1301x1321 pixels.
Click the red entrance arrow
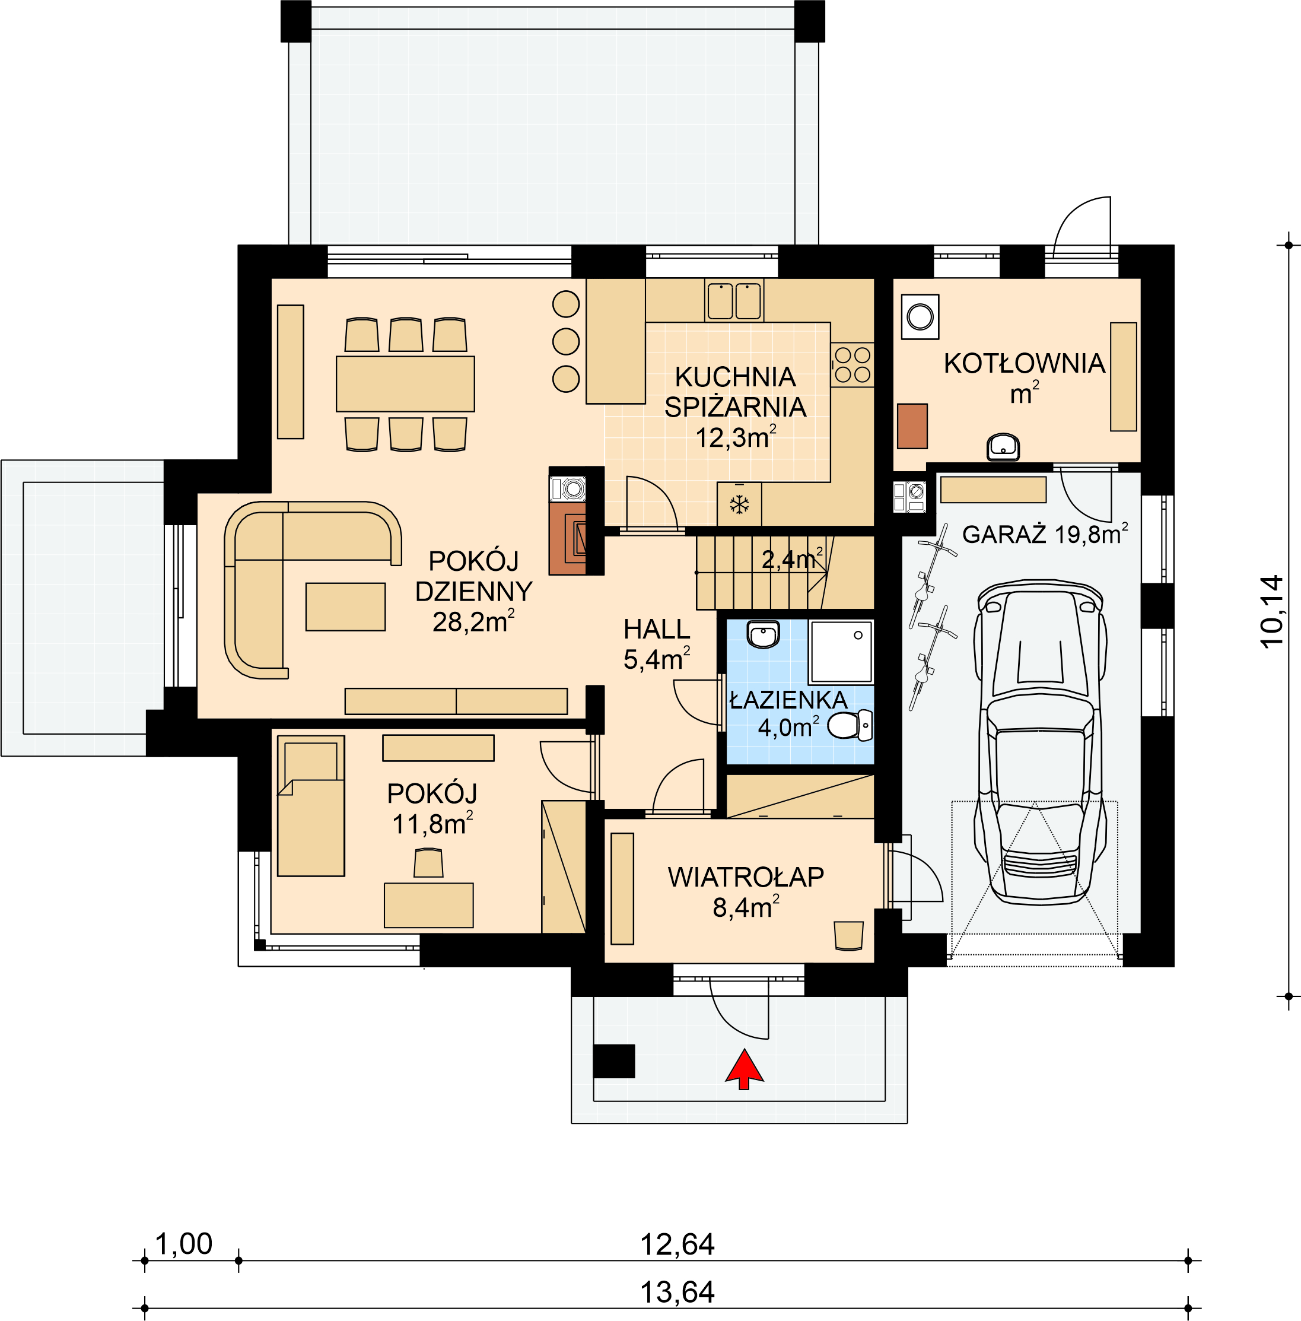(x=744, y=1069)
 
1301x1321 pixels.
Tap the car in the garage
(x=1040, y=743)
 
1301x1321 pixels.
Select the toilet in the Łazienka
(x=850, y=725)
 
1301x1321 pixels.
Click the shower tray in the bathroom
(x=841, y=651)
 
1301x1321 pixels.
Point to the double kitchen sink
(x=734, y=301)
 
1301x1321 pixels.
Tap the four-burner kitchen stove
(x=852, y=365)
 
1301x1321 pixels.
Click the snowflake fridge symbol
(x=739, y=505)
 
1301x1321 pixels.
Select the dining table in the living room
(x=405, y=383)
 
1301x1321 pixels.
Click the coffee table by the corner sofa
(x=345, y=606)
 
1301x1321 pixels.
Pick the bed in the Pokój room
(x=311, y=806)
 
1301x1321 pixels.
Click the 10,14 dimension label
(x=1271, y=612)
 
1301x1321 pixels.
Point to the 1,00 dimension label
(x=184, y=1244)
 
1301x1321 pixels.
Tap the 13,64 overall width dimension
(x=677, y=1293)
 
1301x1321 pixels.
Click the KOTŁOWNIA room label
(x=1025, y=364)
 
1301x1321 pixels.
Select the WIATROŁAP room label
(x=746, y=877)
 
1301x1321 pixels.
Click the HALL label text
(x=657, y=628)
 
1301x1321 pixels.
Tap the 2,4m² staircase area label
(x=792, y=559)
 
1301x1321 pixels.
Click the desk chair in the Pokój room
(x=428, y=862)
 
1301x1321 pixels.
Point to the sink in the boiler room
(x=1003, y=447)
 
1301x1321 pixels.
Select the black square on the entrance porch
(x=613, y=1060)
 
